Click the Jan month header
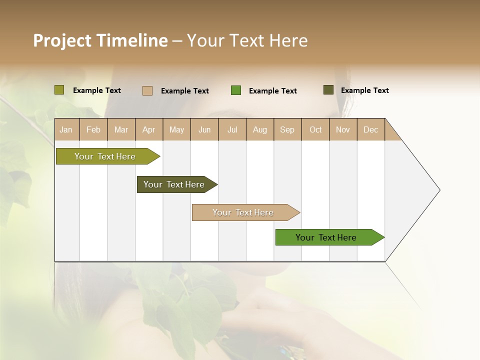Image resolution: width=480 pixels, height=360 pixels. pyautogui.click(x=66, y=129)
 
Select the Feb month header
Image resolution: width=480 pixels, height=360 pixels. pyautogui.click(x=93, y=129)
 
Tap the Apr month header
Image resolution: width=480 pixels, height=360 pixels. pyautogui.click(x=149, y=129)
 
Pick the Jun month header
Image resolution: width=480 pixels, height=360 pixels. pyautogui.click(x=204, y=129)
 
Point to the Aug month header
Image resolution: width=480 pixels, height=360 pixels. pyautogui.click(x=260, y=129)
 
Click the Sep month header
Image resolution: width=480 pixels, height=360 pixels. pyautogui.click(x=287, y=129)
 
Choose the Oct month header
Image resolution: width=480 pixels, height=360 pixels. pyautogui.click(x=315, y=129)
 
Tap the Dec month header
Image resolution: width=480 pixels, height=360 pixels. pyautogui.click(x=371, y=129)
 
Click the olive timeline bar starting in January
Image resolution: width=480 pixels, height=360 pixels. pyautogui.click(x=105, y=156)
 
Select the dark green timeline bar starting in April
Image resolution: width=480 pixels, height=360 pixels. pyautogui.click(x=174, y=184)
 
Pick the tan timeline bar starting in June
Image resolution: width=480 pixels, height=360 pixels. pyautogui.click(x=243, y=212)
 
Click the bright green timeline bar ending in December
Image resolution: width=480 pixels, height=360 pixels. pyautogui.click(x=326, y=237)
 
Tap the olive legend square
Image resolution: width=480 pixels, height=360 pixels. pyautogui.click(x=59, y=90)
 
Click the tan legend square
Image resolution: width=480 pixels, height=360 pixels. pyautogui.click(x=147, y=90)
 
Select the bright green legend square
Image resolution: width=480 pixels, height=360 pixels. pyautogui.click(x=236, y=90)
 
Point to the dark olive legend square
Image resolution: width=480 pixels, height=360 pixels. pyautogui.click(x=328, y=90)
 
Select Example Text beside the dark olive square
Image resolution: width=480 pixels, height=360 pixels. pyautogui.click(x=365, y=90)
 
